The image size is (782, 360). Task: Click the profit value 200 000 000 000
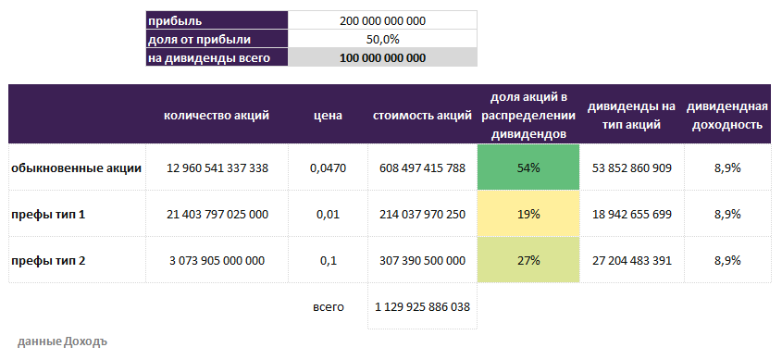tap(383, 20)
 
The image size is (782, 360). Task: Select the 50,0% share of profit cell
tap(383, 40)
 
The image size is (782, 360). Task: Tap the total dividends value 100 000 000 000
tap(383, 58)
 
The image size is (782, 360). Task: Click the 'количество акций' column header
tap(217, 116)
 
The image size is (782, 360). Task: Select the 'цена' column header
tap(328, 116)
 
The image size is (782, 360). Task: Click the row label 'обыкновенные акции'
tap(76, 168)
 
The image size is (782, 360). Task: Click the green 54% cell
tap(528, 168)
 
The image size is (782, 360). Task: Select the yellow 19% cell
tap(528, 214)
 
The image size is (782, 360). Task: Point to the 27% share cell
tap(528, 261)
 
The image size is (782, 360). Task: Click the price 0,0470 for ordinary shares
tap(328, 168)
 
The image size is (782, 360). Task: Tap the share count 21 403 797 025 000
tap(217, 214)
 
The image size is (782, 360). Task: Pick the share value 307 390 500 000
tap(422, 261)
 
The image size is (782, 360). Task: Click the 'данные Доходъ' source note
tap(62, 340)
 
